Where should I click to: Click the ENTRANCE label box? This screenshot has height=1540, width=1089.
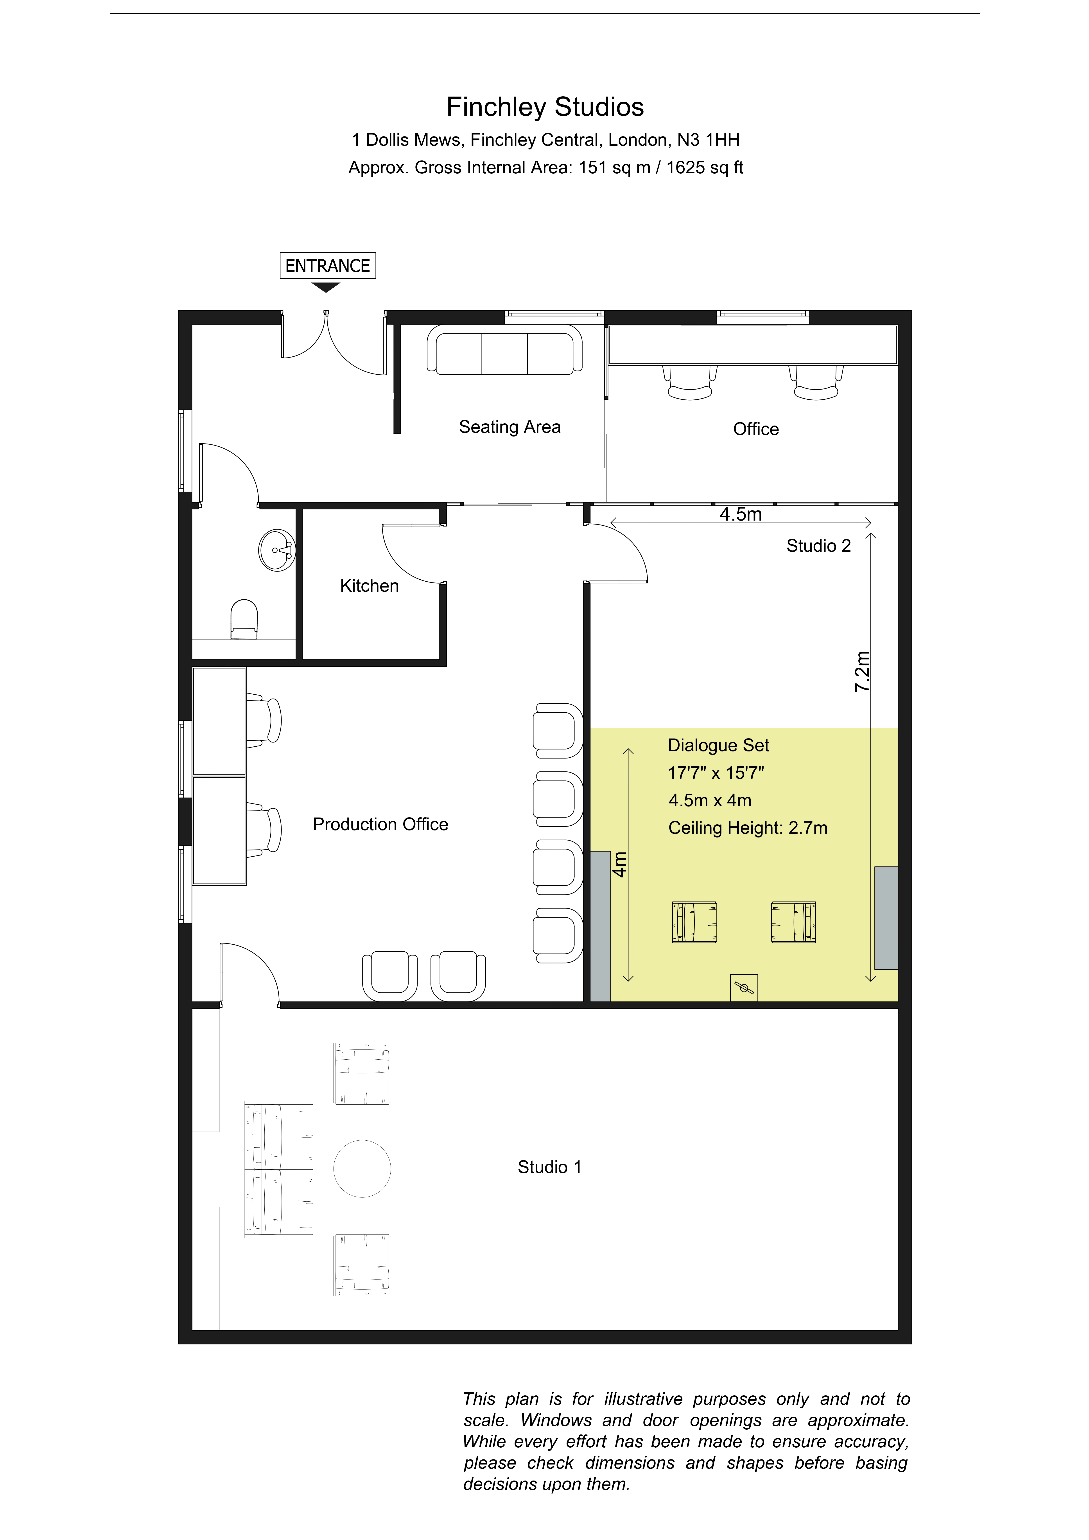coord(327,266)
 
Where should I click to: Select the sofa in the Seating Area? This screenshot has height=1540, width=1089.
coord(504,349)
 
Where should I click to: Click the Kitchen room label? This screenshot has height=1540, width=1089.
coord(370,586)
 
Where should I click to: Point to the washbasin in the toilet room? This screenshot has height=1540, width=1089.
coord(277,550)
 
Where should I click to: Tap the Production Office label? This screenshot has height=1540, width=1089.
coord(380,824)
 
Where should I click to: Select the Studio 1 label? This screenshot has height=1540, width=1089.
coord(549,1167)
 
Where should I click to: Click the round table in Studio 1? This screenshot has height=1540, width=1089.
coord(362,1168)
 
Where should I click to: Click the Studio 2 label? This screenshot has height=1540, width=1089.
coord(818,546)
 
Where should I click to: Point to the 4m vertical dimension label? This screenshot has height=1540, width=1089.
coord(620,864)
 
